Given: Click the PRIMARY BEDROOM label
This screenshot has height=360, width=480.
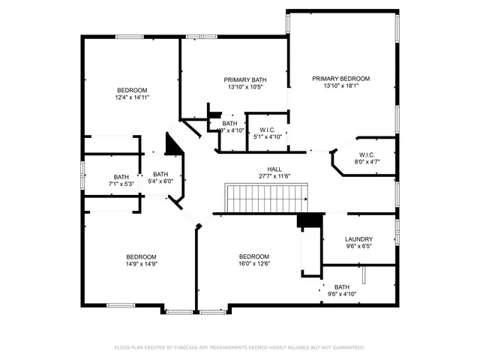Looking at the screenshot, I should pyautogui.click(x=341, y=79).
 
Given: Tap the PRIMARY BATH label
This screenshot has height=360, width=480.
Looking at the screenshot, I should pyautogui.click(x=245, y=79).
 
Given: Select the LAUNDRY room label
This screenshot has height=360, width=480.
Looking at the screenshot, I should pyautogui.click(x=358, y=239).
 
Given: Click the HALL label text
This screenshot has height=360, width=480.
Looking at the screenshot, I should pyautogui.click(x=274, y=169).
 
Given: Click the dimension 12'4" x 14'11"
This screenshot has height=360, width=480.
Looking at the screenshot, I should pyautogui.click(x=132, y=97).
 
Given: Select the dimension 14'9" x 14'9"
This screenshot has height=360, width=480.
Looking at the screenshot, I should pyautogui.click(x=141, y=263).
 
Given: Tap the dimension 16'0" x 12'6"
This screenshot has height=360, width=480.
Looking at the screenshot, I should pyautogui.click(x=254, y=263).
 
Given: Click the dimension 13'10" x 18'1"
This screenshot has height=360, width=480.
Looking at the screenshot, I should pyautogui.click(x=341, y=85).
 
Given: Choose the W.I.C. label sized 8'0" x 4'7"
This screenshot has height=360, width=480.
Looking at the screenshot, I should pyautogui.click(x=367, y=154).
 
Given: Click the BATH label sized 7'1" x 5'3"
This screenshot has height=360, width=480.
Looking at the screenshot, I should pyautogui.click(x=121, y=177).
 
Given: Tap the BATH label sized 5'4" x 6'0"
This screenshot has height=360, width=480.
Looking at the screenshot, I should pyautogui.click(x=161, y=174).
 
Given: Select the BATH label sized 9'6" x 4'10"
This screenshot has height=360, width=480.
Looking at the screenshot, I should pyautogui.click(x=341, y=287).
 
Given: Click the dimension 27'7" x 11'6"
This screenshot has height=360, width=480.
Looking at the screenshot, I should pyautogui.click(x=274, y=176).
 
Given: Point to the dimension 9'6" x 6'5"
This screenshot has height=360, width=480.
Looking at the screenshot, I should pyautogui.click(x=358, y=246).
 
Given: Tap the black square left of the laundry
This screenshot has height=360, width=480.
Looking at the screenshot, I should pyautogui.click(x=307, y=221).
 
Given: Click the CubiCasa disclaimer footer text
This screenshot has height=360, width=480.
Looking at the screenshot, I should pyautogui.click(x=240, y=348).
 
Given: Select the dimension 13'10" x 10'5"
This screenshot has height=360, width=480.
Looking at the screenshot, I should pyautogui.click(x=245, y=86).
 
